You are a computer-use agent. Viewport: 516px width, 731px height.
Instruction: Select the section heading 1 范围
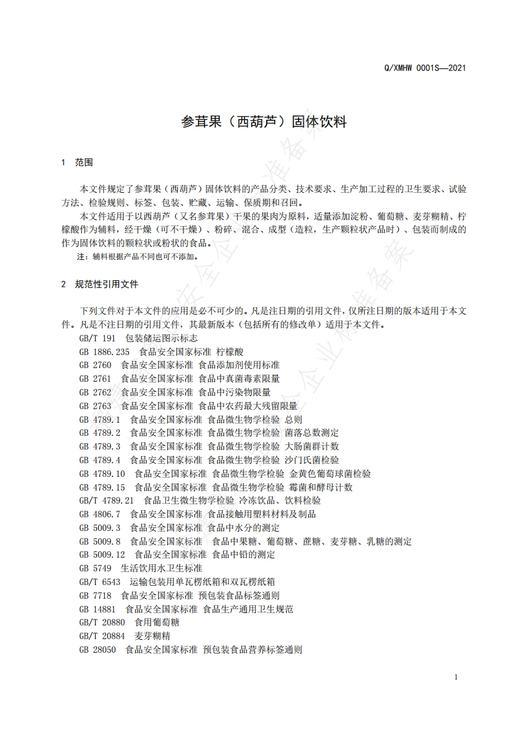[77, 162]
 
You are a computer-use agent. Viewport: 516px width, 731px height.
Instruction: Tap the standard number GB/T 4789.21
[106, 500]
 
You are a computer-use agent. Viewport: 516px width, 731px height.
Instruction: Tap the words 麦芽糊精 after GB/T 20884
[152, 636]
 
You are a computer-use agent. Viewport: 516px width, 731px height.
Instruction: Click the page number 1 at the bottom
[456, 677]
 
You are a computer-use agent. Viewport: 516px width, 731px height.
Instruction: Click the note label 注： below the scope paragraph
[82, 257]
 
